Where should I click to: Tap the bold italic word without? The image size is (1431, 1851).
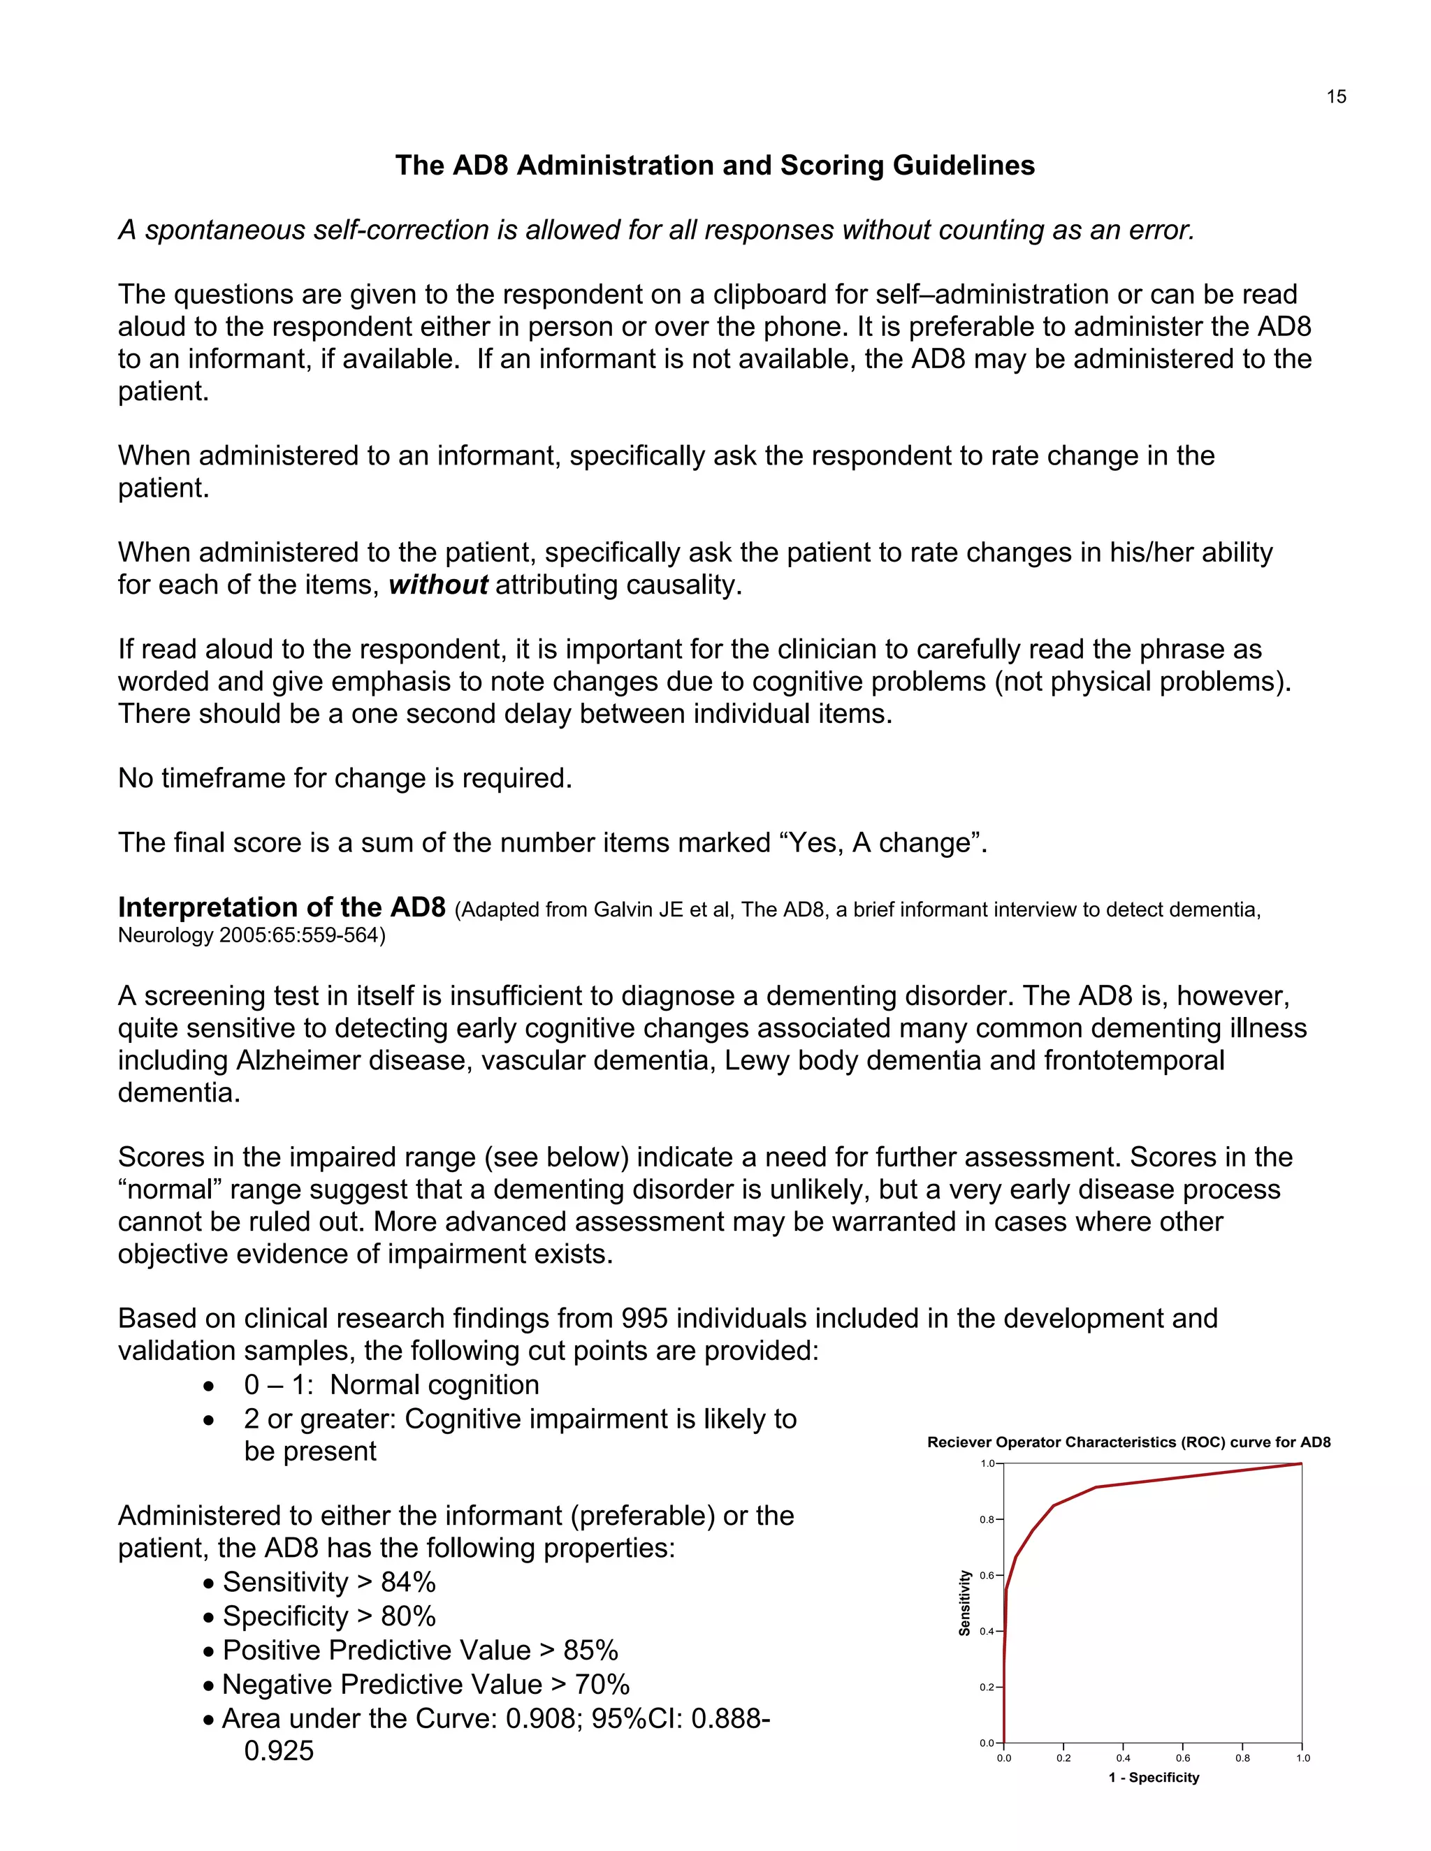pyautogui.click(x=438, y=585)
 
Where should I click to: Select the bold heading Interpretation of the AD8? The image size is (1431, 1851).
pyautogui.click(x=282, y=908)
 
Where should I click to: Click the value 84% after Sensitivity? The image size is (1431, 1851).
pyautogui.click(x=408, y=1582)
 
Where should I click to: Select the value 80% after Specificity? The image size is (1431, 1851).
pyautogui.click(x=408, y=1616)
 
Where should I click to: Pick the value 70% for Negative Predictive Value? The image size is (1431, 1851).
pyautogui.click(x=602, y=1684)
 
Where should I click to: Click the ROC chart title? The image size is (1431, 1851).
pyautogui.click(x=1128, y=1442)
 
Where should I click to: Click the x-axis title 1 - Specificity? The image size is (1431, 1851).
pyautogui.click(x=1153, y=1777)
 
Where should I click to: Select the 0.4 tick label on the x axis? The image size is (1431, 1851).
pyautogui.click(x=1124, y=1758)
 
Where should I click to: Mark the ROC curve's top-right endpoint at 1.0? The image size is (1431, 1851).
pyautogui.click(x=1300, y=1463)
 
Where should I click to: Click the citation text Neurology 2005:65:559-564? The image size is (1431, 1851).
pyautogui.click(x=251, y=936)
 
